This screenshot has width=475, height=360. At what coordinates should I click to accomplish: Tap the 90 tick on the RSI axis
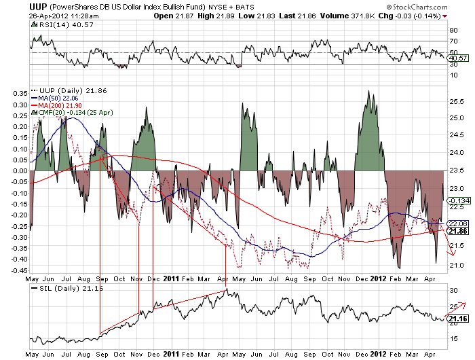(x=453, y=30)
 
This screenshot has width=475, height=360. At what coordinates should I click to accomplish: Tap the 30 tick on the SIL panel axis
(x=453, y=290)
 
